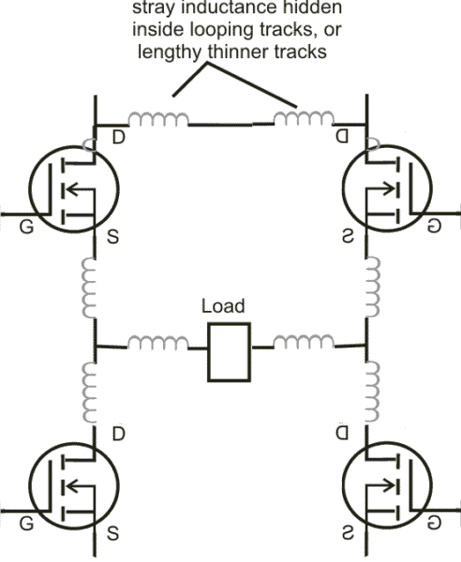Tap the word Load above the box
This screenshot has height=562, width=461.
click(223, 306)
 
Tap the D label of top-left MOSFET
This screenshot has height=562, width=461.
click(118, 139)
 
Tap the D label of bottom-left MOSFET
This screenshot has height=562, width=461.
click(118, 435)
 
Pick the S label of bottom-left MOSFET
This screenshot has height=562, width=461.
click(112, 536)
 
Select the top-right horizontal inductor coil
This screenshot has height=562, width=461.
click(302, 120)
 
